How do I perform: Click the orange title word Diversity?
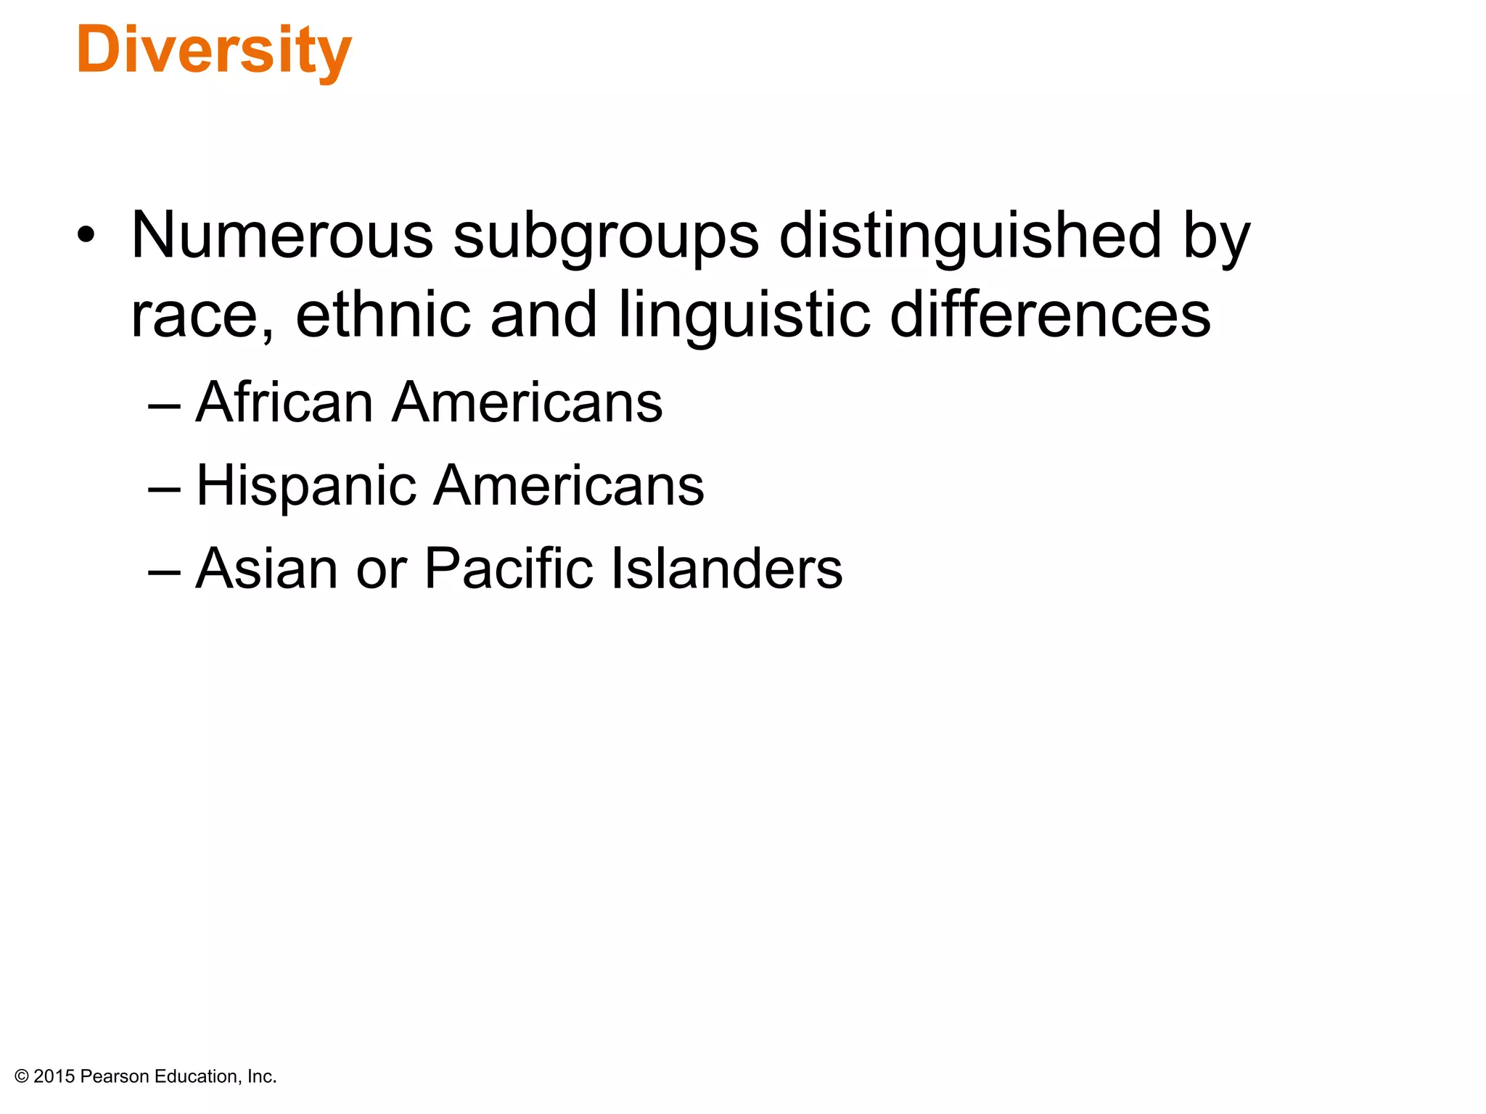tap(214, 51)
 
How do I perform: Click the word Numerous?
tap(282, 235)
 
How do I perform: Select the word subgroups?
tap(606, 236)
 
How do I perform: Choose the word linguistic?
tap(744, 315)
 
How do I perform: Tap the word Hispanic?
tap(305, 486)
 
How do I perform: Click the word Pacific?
tap(508, 568)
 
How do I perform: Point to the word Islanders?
tap(726, 568)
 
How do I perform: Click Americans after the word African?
tap(528, 402)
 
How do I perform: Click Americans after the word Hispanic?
tap(569, 485)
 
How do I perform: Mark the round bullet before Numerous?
tap(86, 235)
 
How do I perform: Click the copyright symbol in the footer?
tap(22, 1076)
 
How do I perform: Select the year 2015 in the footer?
tap(54, 1076)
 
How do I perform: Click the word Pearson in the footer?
tap(115, 1076)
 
